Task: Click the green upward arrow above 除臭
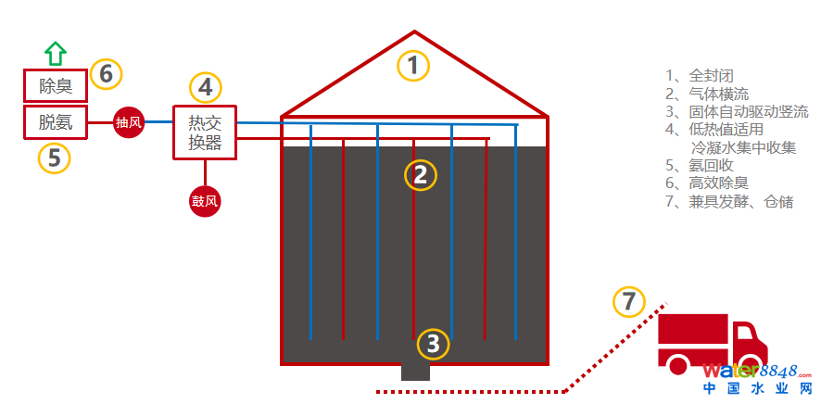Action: click(x=56, y=52)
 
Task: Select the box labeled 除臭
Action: click(x=56, y=86)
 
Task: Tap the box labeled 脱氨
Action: click(x=56, y=121)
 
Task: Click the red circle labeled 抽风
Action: click(x=128, y=122)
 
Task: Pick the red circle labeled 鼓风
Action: click(x=205, y=201)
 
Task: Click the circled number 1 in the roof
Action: click(x=414, y=65)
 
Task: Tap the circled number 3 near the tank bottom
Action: click(x=433, y=344)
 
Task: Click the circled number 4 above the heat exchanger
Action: click(x=206, y=87)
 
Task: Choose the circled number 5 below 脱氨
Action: click(x=54, y=158)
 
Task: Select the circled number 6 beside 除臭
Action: click(x=107, y=72)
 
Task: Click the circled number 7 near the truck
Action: click(x=629, y=301)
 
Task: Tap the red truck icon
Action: click(x=712, y=343)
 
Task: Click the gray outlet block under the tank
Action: click(x=415, y=371)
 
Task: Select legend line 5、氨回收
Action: click(x=701, y=165)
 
